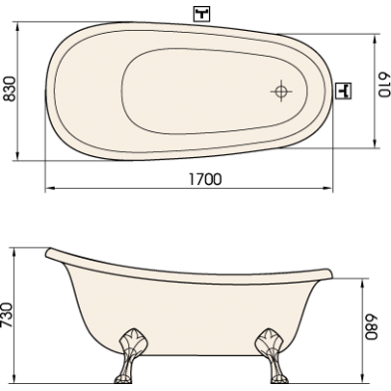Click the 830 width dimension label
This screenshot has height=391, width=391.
pos(9,89)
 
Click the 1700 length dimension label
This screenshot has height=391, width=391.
pos(205,179)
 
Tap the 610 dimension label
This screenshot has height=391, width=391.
pos(384,85)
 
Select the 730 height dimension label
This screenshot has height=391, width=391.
pos(7,314)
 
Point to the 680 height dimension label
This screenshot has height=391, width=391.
pos(371,327)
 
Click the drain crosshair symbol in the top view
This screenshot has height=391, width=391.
pos(282,91)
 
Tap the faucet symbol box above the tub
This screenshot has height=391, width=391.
pos(202,14)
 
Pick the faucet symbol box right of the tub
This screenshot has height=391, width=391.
pos(343,91)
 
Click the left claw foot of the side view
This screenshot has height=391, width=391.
pos(130,356)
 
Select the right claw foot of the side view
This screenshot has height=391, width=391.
pos(272,356)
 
